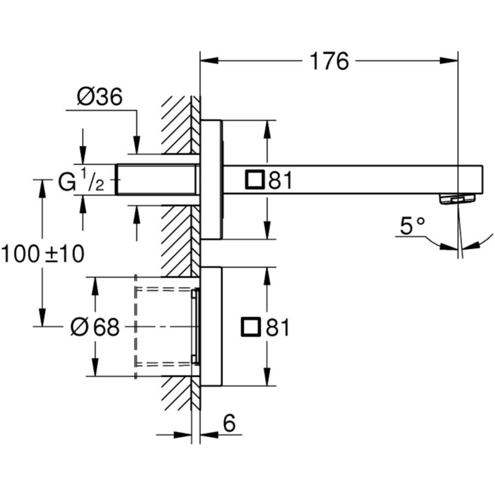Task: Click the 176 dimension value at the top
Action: tap(329, 62)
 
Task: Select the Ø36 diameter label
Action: tap(100, 97)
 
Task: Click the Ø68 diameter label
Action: tap(95, 328)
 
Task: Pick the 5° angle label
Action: tap(413, 226)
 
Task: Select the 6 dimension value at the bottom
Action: tap(229, 424)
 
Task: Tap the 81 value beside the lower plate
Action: tap(277, 328)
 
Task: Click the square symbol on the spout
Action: tap(255, 180)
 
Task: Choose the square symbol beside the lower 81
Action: tap(251, 328)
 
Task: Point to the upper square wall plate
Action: tap(211, 179)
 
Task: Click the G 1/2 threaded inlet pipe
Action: tap(157, 179)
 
